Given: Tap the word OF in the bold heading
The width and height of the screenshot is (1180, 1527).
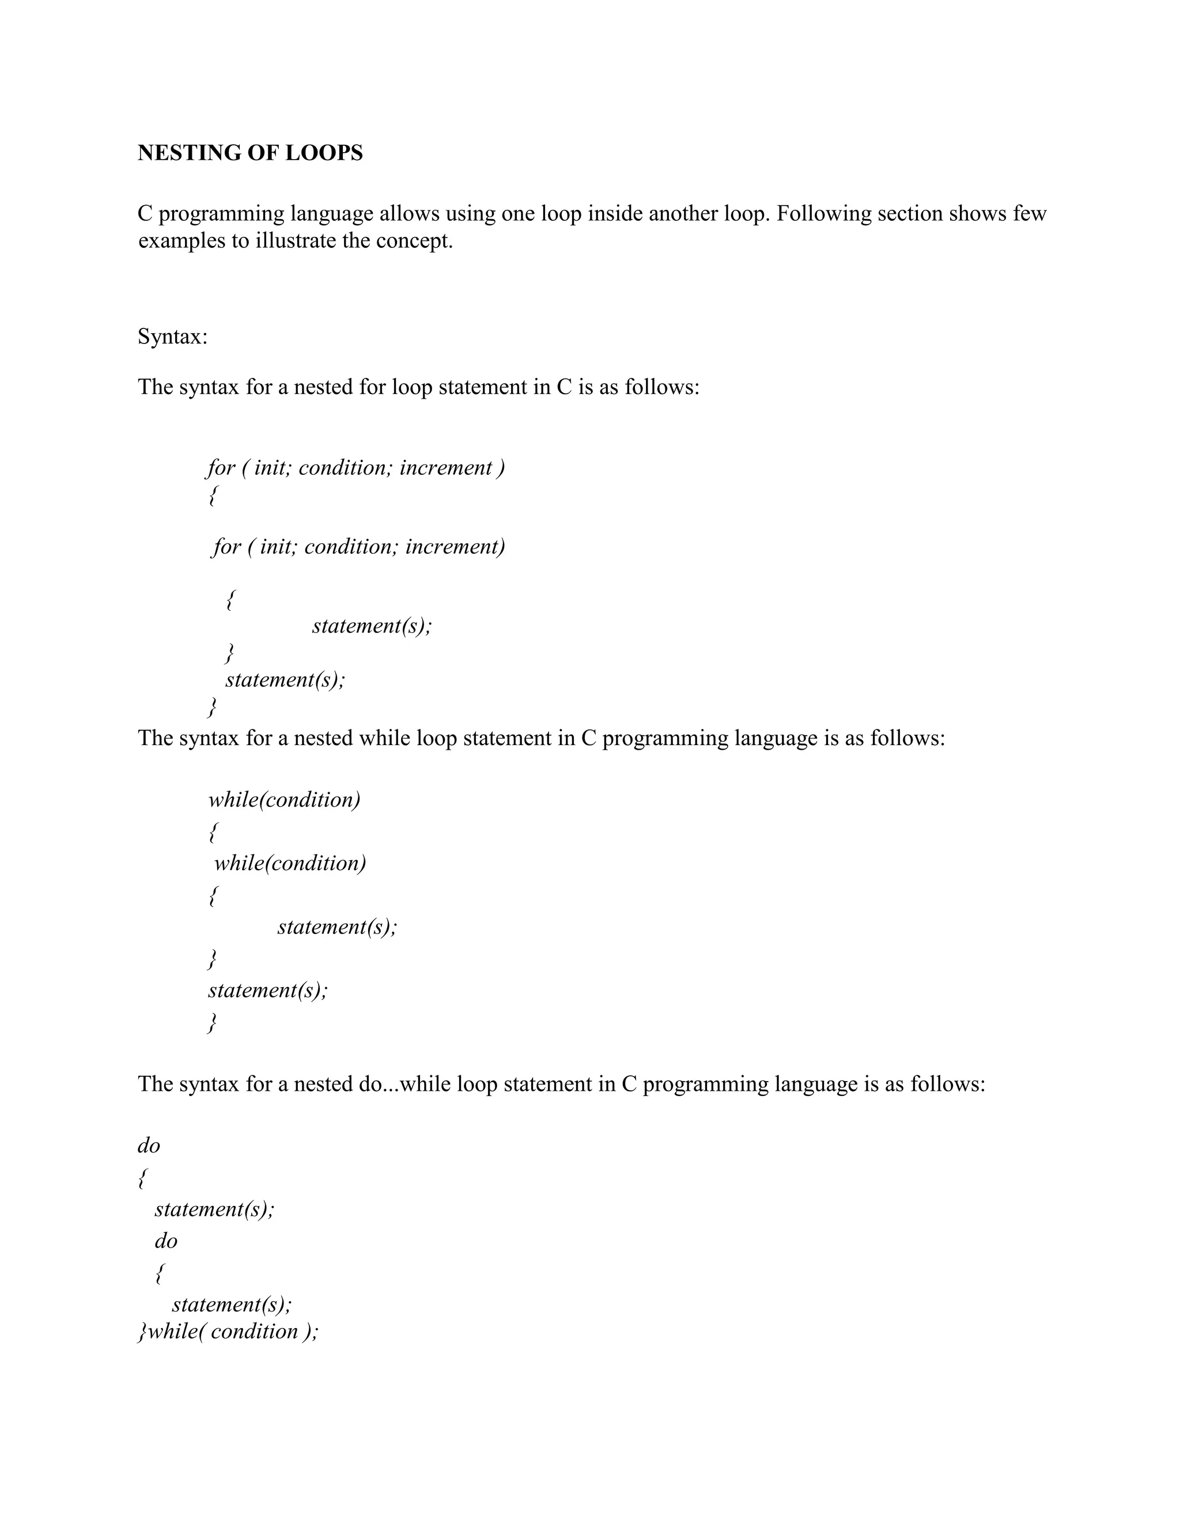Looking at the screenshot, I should click(x=256, y=153).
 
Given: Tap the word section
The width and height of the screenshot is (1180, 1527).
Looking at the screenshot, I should click(x=909, y=213).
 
